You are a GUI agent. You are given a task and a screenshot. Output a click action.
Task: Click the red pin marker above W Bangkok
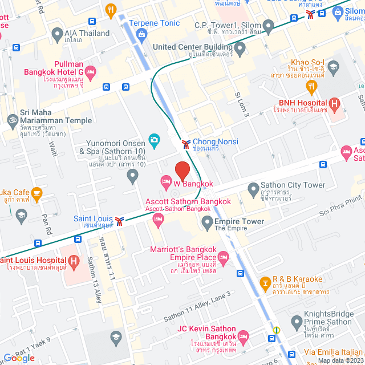(x=182, y=171)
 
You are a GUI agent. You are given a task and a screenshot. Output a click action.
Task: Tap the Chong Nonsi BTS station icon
(x=186, y=144)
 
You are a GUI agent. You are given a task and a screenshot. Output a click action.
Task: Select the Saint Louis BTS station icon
(x=119, y=220)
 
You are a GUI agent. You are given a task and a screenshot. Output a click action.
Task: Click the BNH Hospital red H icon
(x=335, y=104)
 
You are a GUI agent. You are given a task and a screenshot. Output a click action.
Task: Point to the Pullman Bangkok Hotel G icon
(x=91, y=72)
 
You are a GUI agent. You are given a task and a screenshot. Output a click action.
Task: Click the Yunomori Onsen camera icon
(x=153, y=139)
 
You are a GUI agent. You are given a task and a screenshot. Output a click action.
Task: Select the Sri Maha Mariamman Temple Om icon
(x=10, y=120)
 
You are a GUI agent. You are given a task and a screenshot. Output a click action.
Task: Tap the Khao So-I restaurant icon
(x=311, y=87)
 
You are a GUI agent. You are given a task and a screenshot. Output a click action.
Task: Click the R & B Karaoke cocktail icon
(x=265, y=282)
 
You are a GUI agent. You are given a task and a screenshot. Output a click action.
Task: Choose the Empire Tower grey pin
(x=206, y=222)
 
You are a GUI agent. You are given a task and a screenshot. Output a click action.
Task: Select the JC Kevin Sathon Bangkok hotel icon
(x=243, y=336)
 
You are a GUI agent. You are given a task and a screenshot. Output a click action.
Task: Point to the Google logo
(x=19, y=358)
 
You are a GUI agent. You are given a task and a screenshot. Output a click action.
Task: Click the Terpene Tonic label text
(x=154, y=23)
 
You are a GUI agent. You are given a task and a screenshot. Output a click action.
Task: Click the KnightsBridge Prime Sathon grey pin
(x=296, y=322)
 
